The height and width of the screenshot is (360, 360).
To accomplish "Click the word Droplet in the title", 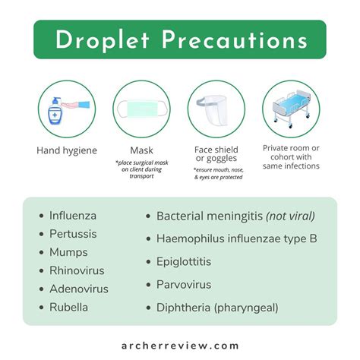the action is click(x=103, y=40).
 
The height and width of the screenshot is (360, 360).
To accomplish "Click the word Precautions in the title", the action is click(x=235, y=40).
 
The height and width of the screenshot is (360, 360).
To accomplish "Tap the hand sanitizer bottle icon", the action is click(x=55, y=111).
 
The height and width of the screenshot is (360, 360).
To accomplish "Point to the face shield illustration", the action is click(x=215, y=109).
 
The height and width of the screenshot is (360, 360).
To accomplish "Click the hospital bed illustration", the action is click(x=292, y=109).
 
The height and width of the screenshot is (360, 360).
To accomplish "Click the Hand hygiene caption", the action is click(x=67, y=150).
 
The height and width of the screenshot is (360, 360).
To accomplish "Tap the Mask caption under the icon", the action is click(x=141, y=150).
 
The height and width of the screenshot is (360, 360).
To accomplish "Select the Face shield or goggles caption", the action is click(x=216, y=154).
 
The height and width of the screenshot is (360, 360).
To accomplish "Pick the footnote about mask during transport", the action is click(x=142, y=169).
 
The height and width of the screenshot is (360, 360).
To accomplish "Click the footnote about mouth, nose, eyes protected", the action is click(x=218, y=173).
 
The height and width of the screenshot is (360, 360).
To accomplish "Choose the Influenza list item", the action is click(x=73, y=216).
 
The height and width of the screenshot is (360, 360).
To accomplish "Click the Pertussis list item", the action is click(x=73, y=234).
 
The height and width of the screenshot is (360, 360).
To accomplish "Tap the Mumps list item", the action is click(x=68, y=252).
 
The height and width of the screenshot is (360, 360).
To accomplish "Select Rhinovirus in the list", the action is click(x=77, y=270).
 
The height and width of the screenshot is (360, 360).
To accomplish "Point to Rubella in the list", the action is click(x=68, y=308).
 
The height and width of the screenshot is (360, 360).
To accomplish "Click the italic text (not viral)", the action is click(x=290, y=216).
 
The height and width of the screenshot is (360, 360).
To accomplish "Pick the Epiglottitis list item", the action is click(x=184, y=262).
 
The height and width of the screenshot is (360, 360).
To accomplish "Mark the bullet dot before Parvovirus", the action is click(x=148, y=285).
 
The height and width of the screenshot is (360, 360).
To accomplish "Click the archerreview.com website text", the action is click(x=180, y=346).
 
